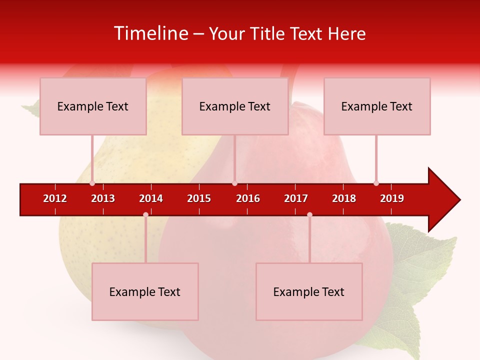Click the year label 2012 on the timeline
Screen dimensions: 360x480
coord(55,198)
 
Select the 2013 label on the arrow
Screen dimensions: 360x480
coord(103,198)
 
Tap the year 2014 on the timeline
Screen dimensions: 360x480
coord(151,198)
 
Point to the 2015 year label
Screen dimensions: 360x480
coord(199,198)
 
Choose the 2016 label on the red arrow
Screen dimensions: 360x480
coord(248,198)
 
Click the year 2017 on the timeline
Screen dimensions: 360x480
coord(296,198)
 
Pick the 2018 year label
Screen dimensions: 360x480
coord(344,198)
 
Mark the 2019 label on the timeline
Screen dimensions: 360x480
coord(392,198)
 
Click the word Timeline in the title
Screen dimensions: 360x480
coord(150,33)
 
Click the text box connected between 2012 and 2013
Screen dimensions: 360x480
coord(93,106)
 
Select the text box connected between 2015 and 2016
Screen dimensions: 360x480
coord(235,106)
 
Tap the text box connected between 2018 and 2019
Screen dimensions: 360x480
coord(377,106)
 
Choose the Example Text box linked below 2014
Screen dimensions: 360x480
coord(145,291)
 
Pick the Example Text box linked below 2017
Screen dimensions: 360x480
coord(309,291)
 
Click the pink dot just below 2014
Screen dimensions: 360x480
coord(145,215)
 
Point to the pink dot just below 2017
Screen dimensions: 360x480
coord(309,215)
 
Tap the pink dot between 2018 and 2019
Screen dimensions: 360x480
coord(376,183)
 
